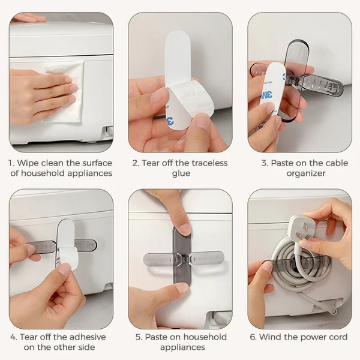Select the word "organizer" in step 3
[x=305, y=173]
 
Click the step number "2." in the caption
[x=136, y=163]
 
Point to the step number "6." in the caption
[x=253, y=337]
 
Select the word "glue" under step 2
[x=181, y=173]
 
